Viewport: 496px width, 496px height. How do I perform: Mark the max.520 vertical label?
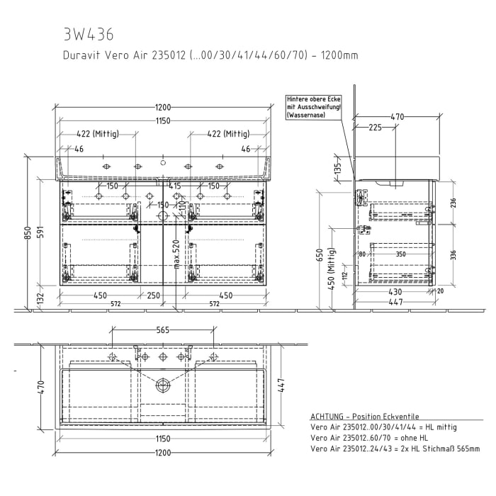tap(175, 253)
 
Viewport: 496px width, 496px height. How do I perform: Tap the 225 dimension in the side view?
tap(376, 128)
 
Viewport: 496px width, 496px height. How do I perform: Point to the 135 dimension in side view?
tap(339, 168)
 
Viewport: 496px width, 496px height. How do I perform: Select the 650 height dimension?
tap(320, 255)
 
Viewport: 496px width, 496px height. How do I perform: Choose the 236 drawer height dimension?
tap(451, 203)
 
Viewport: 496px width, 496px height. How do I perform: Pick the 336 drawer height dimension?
tap(451, 254)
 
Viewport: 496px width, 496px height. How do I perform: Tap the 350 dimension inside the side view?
tap(401, 254)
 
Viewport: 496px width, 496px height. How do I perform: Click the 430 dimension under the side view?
tap(394, 292)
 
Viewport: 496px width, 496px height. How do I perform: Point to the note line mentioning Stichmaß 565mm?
tap(395, 449)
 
